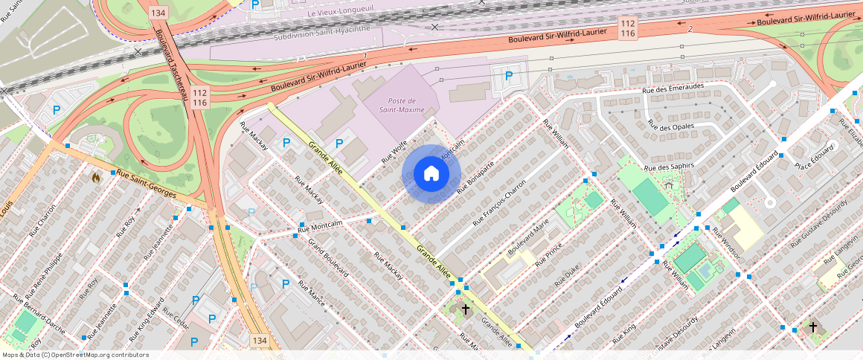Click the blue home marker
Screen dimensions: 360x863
431,174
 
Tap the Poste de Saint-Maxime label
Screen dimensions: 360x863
405,106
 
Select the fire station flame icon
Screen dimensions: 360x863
95,178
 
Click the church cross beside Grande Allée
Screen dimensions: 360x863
466,309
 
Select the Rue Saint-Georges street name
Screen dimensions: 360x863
147,184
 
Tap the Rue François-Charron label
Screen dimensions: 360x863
500,202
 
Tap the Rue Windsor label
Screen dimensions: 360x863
726,243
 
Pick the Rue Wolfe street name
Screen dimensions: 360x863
394,152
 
